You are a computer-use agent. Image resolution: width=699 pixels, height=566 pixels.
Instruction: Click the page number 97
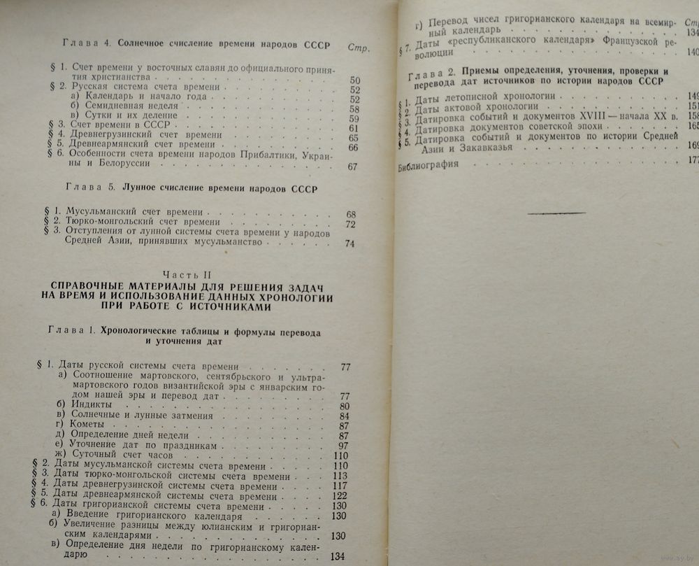coord(343,446)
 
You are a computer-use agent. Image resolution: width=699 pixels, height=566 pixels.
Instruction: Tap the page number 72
coord(351,224)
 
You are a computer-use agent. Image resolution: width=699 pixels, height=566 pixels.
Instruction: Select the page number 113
coord(340,477)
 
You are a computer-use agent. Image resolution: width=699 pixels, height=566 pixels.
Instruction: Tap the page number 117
coord(340,486)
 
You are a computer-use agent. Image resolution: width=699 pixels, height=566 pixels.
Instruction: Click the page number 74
coord(350,243)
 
